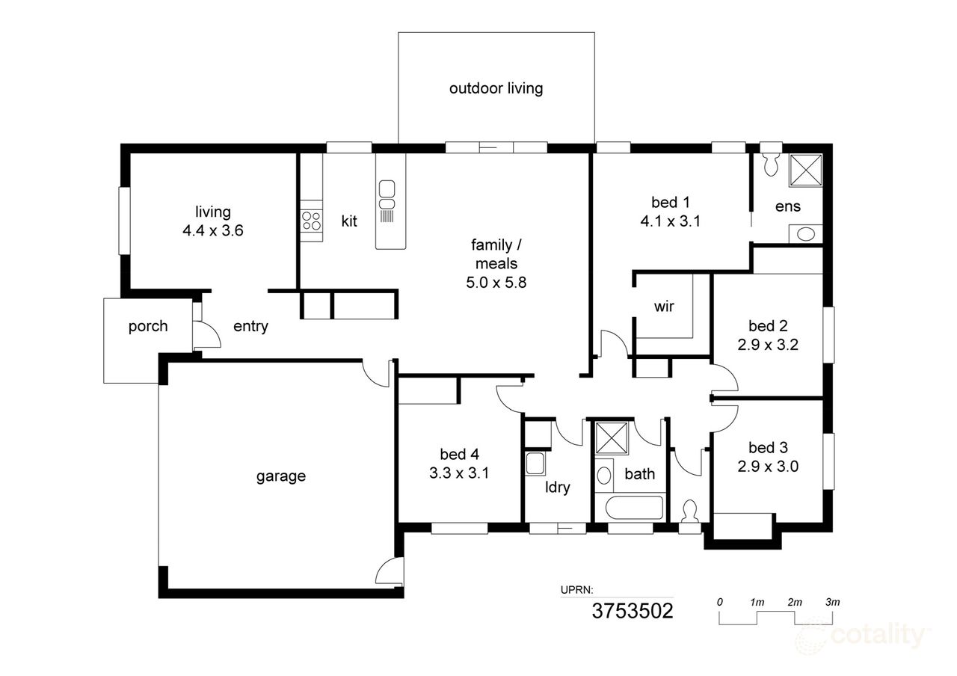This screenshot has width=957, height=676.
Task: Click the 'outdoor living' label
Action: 496,88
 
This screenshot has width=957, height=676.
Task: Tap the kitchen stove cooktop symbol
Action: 311,221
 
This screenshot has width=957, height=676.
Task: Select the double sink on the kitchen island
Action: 387,194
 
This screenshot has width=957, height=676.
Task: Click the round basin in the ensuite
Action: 806,234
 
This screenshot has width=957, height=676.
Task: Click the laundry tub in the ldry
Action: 535,464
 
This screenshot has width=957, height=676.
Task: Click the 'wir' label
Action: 664,306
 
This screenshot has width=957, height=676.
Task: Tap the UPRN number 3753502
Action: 633,611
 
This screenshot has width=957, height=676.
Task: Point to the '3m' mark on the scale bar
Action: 832,602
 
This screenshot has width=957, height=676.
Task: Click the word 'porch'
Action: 147,326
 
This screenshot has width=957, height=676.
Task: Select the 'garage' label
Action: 281,476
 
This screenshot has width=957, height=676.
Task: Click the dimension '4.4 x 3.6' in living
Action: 213,231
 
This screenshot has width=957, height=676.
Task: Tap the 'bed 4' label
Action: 458,453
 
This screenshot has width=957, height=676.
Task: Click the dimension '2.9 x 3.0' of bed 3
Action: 769,467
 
